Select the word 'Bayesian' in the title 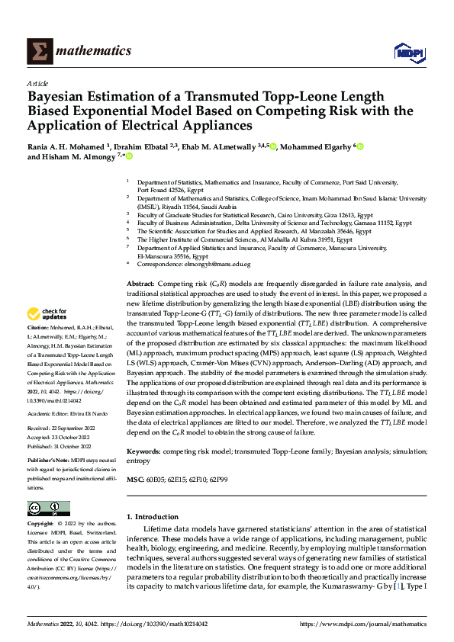pos(60,98)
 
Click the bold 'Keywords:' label pos(143,452)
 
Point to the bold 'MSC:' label pos(135,479)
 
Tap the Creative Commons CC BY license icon pos(48,509)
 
